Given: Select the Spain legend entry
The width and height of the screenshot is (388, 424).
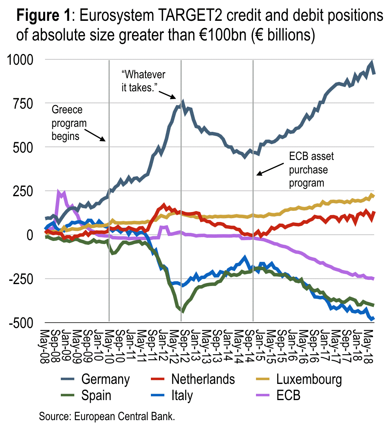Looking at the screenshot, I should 96,395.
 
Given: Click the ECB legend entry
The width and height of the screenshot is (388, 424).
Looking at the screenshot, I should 288,395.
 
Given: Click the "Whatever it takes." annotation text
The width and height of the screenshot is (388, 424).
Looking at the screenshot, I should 143,80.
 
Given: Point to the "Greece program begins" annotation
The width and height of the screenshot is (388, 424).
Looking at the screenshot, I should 67,123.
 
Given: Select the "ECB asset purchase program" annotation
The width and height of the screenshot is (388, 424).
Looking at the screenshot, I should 311,169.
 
